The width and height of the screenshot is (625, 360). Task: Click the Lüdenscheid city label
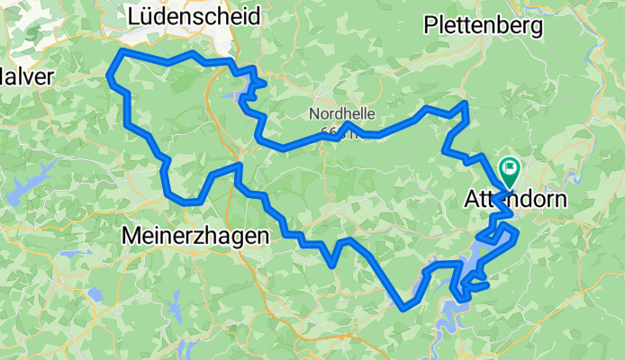(195, 16)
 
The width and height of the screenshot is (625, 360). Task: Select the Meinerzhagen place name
(195, 236)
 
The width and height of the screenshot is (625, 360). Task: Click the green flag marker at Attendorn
(509, 167)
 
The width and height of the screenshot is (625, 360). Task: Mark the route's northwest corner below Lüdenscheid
(118, 54)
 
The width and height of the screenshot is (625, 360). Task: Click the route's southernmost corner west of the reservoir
(403, 307)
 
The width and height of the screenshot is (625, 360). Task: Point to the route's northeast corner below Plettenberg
(466, 104)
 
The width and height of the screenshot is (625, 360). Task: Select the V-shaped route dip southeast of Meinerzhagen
(332, 265)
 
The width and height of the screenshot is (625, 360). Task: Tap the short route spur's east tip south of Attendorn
(487, 285)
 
